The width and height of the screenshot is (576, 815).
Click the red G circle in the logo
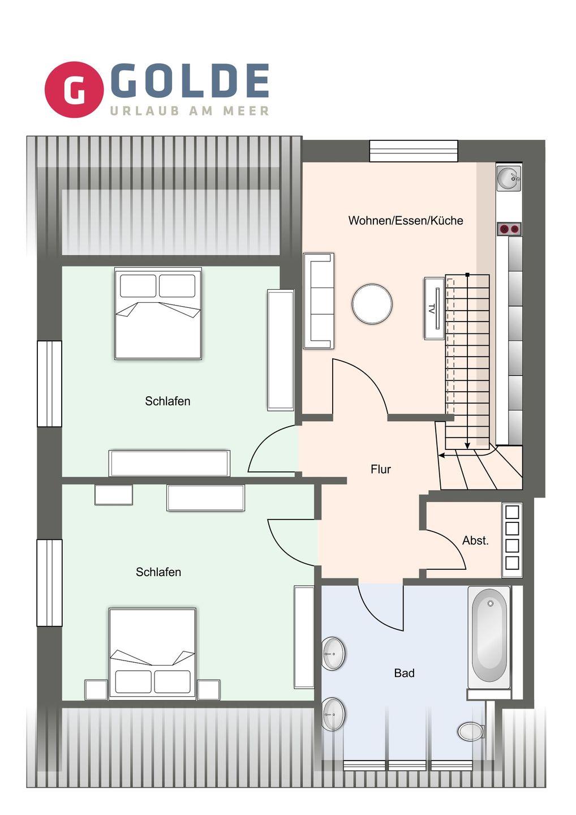pyautogui.click(x=74, y=89)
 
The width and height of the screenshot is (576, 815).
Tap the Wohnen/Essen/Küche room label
pyautogui.click(x=406, y=221)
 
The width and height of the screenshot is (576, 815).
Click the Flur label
pyautogui.click(x=381, y=469)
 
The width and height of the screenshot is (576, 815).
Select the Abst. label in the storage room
pyautogui.click(x=475, y=541)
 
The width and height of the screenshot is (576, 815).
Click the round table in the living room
pyautogui.click(x=372, y=304)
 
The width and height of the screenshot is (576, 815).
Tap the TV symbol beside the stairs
pyautogui.click(x=435, y=308)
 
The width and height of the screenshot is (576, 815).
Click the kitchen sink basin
pyautogui.click(x=509, y=178)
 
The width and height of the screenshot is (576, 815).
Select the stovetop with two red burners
pyautogui.click(x=509, y=229)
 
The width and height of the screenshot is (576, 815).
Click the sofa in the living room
pyautogui.click(x=319, y=301)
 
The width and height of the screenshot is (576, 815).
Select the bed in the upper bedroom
pyautogui.click(x=158, y=314)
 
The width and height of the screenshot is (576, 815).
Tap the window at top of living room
pyautogui.click(x=414, y=151)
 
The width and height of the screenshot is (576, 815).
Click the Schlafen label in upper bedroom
pyautogui.click(x=167, y=401)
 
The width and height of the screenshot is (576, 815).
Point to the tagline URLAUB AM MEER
pyautogui.click(x=190, y=110)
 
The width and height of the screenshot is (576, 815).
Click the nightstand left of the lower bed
pyautogui.click(x=96, y=689)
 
